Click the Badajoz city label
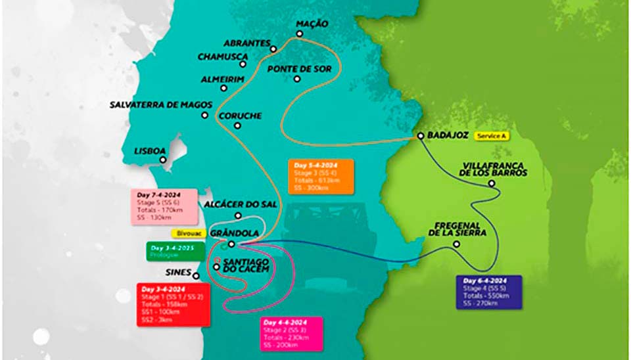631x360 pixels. (x=448, y=135)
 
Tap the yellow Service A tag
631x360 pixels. (x=491, y=135)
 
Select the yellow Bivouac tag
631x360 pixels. (x=189, y=233)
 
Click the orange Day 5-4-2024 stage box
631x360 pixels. (x=321, y=176)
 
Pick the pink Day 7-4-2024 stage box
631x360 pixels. (x=164, y=206)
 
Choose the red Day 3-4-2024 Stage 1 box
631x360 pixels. (x=172, y=304)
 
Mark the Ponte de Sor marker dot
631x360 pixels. (x=297, y=79)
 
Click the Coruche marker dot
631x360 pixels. (x=237, y=125)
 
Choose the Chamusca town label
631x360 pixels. (x=222, y=56)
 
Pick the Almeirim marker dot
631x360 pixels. (x=224, y=88)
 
